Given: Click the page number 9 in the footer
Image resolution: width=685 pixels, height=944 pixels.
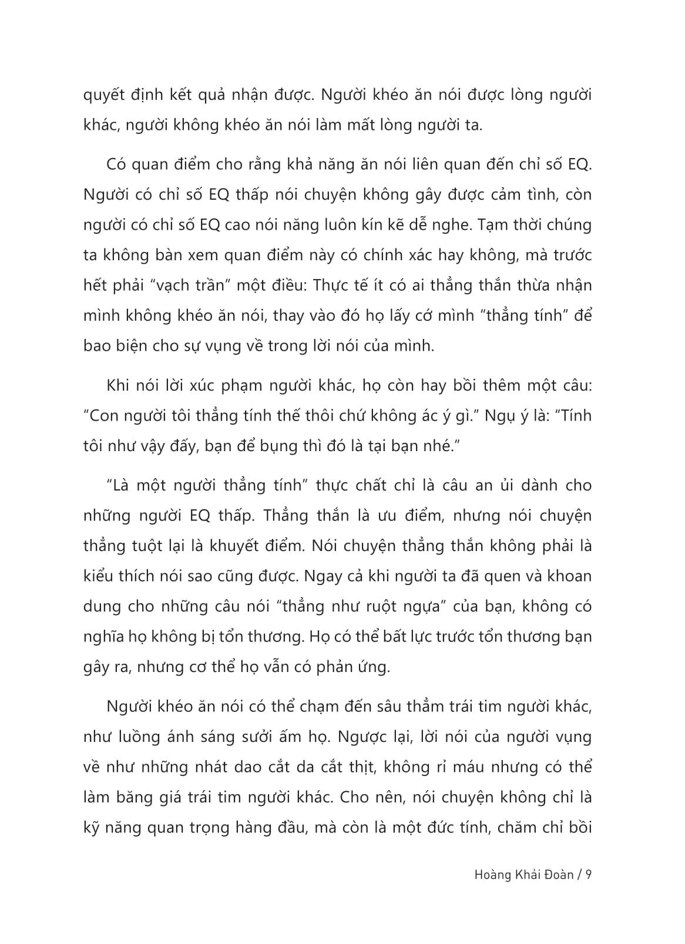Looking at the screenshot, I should [x=588, y=874].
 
